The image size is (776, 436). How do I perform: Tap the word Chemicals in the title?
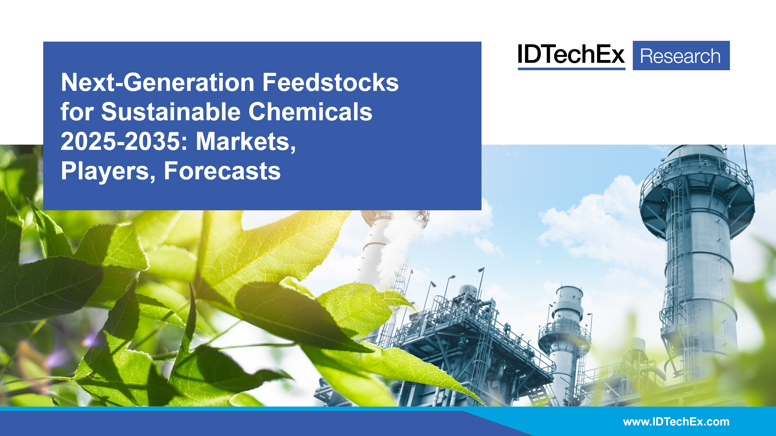click(x=310, y=112)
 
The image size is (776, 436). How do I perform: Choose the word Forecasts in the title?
click(x=222, y=171)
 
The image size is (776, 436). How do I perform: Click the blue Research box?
click(x=681, y=56)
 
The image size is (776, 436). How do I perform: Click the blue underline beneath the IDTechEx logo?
click(x=571, y=69)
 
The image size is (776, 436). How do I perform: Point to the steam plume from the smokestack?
click(x=392, y=250)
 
